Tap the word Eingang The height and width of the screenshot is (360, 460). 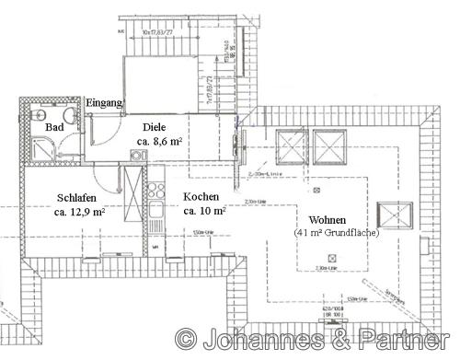pos(103,102)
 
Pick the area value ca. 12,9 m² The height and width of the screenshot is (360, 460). pos(79,211)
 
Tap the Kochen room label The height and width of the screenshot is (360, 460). pos(201,197)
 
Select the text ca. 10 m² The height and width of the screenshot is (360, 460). pos(205,211)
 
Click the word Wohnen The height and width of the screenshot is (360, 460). pos(328,220)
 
